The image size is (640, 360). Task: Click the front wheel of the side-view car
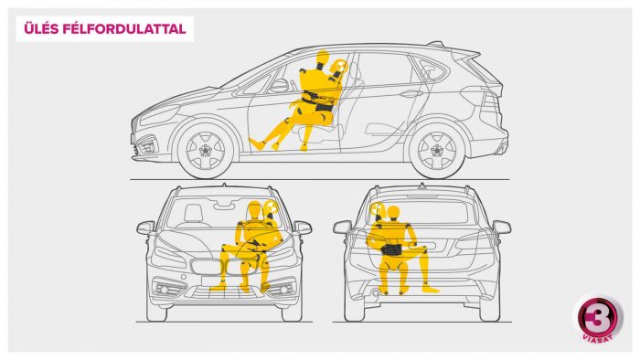click(x=206, y=150)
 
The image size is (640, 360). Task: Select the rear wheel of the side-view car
click(x=437, y=150)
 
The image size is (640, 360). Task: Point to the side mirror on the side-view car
click(x=280, y=86)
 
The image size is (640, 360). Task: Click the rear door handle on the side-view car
click(x=411, y=93)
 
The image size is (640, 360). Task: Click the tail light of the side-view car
click(x=490, y=101)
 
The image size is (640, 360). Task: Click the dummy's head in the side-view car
click(x=323, y=57)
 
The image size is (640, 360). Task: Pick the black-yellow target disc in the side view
click(x=339, y=66)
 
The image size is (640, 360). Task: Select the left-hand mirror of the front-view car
click(x=145, y=228)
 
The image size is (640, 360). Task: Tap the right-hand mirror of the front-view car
click(x=303, y=228)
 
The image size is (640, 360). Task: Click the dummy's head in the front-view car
click(x=254, y=209)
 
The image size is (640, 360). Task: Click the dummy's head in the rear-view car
click(x=393, y=214)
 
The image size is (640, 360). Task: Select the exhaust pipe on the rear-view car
click(x=374, y=292)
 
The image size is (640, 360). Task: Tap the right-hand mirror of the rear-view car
click(x=502, y=227)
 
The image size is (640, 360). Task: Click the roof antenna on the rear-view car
click(x=421, y=186)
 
